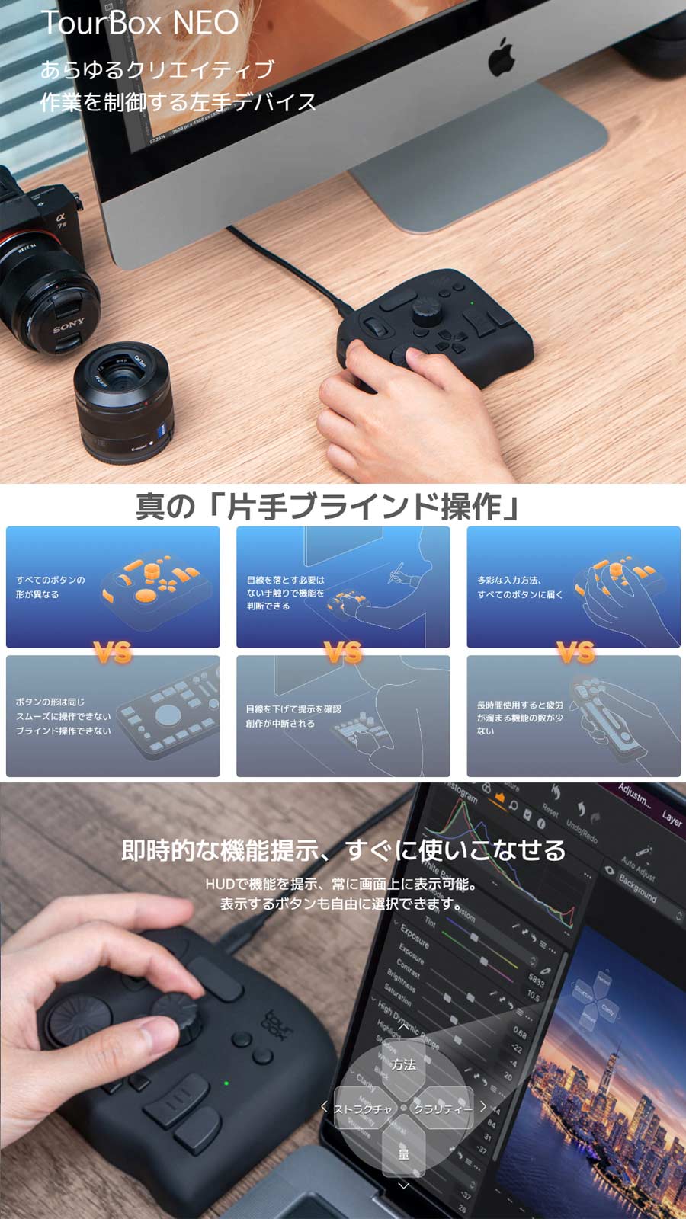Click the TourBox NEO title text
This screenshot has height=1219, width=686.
[x=139, y=23]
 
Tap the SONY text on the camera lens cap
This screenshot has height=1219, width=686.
[x=69, y=327]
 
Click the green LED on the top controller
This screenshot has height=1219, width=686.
[x=473, y=303]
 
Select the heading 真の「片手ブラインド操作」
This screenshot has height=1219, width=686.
[x=329, y=507]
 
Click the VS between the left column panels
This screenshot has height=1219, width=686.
[x=113, y=652]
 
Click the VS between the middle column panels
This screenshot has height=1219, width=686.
[x=343, y=652]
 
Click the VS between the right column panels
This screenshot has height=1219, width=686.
[x=575, y=652]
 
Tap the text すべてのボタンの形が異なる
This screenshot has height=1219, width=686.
[x=50, y=587]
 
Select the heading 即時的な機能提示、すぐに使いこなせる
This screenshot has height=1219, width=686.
[x=343, y=849]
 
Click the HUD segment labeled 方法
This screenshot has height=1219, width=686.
[x=403, y=1064]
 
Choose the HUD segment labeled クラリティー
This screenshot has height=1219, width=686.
[x=443, y=1109]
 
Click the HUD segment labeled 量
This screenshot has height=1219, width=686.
[x=403, y=1153]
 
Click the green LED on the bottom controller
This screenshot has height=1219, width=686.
[x=226, y=1083]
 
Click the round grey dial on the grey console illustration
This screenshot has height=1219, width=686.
[x=168, y=715]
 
